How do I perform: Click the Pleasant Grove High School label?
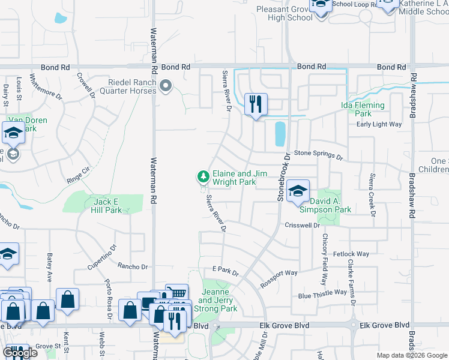[x=285, y=13]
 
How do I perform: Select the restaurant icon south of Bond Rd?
[x=256, y=104]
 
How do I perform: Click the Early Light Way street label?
[x=378, y=124]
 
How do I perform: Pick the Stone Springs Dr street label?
[x=318, y=155]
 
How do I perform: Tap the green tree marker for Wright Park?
[x=203, y=176]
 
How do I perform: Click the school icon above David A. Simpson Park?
[x=298, y=191]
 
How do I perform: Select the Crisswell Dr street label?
[x=303, y=226]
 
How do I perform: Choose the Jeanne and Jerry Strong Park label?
[x=219, y=300]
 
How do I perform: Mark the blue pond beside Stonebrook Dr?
[x=280, y=134]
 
